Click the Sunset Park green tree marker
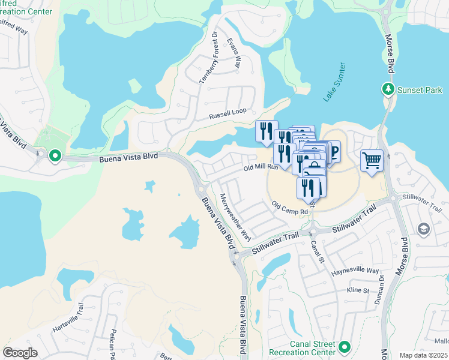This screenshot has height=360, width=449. click(x=388, y=90)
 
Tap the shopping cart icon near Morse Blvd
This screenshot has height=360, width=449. click(x=372, y=161)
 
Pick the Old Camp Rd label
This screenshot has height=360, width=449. click(x=289, y=208)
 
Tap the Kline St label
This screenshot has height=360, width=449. click(x=357, y=290)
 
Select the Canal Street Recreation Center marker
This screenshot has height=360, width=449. click(x=345, y=347)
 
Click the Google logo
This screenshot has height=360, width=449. click(x=20, y=353)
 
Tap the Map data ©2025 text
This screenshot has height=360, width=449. click(x=423, y=355)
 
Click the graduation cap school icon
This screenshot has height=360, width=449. click(x=423, y=229)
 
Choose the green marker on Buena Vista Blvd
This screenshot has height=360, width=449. click(x=55, y=157)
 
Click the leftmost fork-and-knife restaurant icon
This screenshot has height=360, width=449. click(x=265, y=131)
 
